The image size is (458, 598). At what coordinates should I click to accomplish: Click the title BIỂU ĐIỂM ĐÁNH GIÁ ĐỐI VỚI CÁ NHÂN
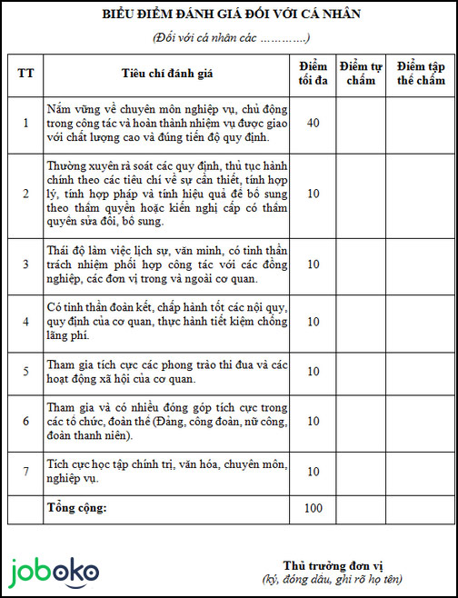click(x=232, y=15)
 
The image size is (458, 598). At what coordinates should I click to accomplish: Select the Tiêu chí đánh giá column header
click(x=166, y=74)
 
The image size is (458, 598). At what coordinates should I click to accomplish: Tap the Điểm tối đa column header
click(x=313, y=74)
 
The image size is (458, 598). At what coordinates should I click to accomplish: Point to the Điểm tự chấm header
click(x=360, y=74)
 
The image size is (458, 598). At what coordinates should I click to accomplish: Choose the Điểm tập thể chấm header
click(x=421, y=74)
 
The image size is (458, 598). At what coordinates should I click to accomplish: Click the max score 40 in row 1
click(x=313, y=123)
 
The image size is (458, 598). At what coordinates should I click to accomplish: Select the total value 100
click(x=313, y=509)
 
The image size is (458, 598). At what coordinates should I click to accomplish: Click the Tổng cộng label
click(x=76, y=507)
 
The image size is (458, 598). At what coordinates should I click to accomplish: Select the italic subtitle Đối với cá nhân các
click(x=232, y=37)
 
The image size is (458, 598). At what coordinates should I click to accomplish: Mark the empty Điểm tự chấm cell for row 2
click(x=360, y=194)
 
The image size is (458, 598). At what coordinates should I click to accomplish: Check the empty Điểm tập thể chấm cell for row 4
click(x=421, y=322)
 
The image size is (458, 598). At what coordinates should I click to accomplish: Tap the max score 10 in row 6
click(x=313, y=422)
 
